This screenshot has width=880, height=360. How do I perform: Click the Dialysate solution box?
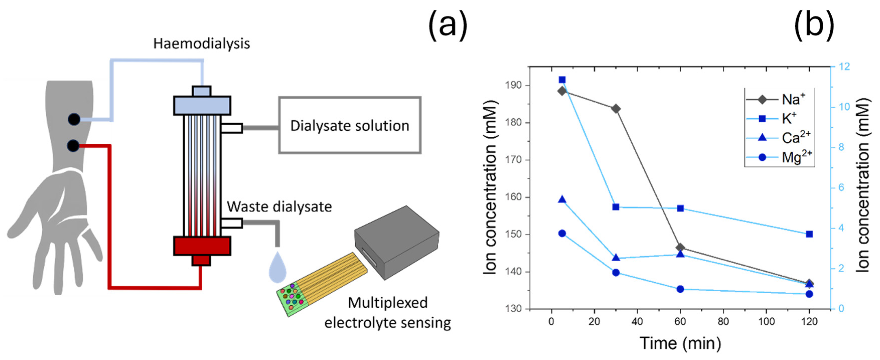click(x=350, y=125)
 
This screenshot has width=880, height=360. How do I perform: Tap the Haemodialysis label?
click(x=202, y=44)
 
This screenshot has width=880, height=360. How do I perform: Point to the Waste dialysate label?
click(x=279, y=207)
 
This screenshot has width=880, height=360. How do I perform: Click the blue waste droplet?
click(x=277, y=268)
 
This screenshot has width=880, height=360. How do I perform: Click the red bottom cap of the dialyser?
click(x=202, y=246)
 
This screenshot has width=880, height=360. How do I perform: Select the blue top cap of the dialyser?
click(x=202, y=105)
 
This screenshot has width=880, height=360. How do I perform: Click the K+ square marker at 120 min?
click(x=809, y=234)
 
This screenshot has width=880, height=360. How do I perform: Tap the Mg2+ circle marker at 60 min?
click(x=680, y=289)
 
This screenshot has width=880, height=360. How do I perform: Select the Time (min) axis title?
click(x=680, y=343)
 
